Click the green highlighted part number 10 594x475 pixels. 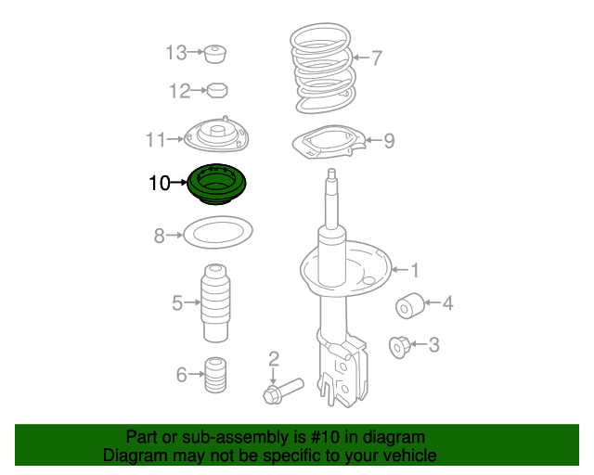click(x=216, y=185)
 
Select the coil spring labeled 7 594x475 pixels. click(x=323, y=68)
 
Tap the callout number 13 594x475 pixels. click(x=176, y=52)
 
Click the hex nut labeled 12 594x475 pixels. click(x=217, y=91)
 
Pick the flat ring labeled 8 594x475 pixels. click(x=218, y=232)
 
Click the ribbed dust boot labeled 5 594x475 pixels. click(x=215, y=303)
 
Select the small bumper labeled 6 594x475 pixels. click(x=215, y=375)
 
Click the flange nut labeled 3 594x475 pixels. click(x=400, y=347)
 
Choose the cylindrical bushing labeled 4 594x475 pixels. click(x=410, y=305)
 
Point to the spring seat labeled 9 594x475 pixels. click(x=329, y=142)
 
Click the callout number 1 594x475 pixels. click(x=415, y=271)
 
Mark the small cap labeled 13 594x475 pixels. click(x=215, y=54)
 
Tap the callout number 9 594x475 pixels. click(x=389, y=140)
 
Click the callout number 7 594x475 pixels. click(x=376, y=58)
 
